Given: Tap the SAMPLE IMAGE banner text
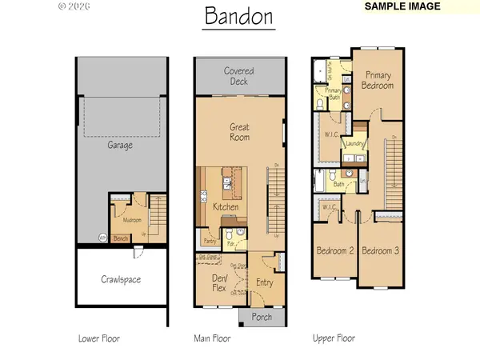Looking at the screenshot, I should click(x=402, y=6).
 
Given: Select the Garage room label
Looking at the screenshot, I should click(x=120, y=146).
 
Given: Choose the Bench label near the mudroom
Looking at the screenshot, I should click(x=122, y=238).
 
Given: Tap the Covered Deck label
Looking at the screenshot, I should click(x=239, y=76).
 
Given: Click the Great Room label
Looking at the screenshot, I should click(x=239, y=131).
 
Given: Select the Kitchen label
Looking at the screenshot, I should click(x=226, y=207).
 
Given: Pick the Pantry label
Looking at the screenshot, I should click(x=210, y=238).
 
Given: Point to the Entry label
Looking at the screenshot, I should click(x=265, y=282).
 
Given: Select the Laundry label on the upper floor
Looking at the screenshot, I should click(x=354, y=144).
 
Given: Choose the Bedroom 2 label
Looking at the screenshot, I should click(x=334, y=250).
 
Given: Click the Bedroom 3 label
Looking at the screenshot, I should click(x=381, y=250).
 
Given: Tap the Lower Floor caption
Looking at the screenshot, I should click(x=98, y=338).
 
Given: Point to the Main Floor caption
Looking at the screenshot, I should click(x=212, y=338).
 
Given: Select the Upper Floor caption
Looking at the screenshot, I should click(x=334, y=338).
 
